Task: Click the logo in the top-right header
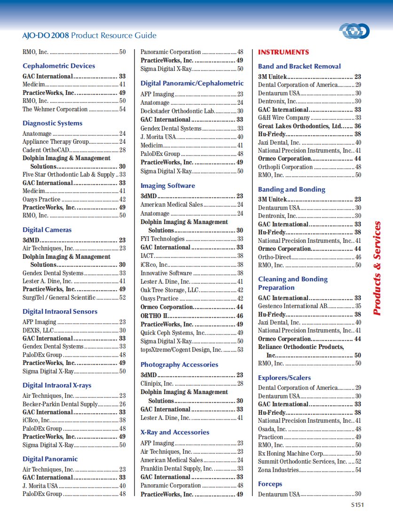click(354, 31)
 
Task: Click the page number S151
click(357, 505)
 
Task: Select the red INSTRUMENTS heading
click(283, 52)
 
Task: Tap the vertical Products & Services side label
click(377, 268)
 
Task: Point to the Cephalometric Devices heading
click(59, 66)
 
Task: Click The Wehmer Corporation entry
click(55, 109)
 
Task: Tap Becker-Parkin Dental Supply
click(60, 404)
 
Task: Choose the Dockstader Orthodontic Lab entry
click(178, 111)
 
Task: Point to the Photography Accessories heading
click(179, 365)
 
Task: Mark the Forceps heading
click(270, 484)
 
